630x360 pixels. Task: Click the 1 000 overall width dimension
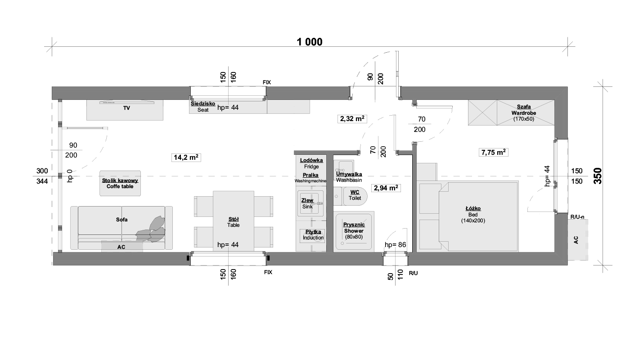coord(310,42)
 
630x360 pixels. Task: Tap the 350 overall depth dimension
coord(598,176)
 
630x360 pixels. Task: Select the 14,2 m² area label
coord(186,157)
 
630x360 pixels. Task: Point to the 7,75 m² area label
coord(493,153)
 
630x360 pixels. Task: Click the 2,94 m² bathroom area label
coord(386,188)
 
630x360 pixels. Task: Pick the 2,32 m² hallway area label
coord(352,119)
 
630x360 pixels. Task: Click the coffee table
coord(120,184)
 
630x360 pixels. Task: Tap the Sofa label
coord(122,220)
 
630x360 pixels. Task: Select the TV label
coord(126,108)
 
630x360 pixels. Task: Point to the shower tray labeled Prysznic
coord(354,231)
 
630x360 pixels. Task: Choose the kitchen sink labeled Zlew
coord(310,203)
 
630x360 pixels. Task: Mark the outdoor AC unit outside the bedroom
coord(577,240)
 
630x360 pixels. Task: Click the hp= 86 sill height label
coord(395,245)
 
